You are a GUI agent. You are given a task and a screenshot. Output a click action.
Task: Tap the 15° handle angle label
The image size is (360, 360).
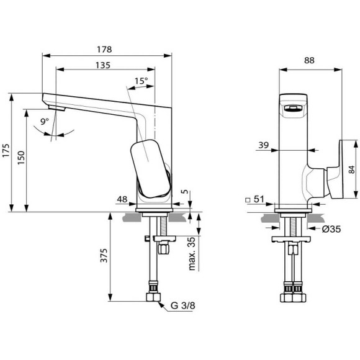(x=141, y=81)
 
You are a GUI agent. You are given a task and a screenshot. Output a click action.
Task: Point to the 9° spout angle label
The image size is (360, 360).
(x=45, y=123)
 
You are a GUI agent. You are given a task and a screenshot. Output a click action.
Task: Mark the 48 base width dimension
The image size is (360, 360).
(x=122, y=200)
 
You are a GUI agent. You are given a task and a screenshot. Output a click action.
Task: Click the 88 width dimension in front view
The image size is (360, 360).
(x=309, y=60)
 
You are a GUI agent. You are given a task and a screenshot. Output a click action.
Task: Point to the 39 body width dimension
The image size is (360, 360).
(x=263, y=145)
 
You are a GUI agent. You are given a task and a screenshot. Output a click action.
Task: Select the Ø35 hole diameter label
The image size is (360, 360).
(x=330, y=228)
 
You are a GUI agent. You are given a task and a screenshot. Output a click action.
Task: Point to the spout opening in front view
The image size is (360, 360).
(x=293, y=109)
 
